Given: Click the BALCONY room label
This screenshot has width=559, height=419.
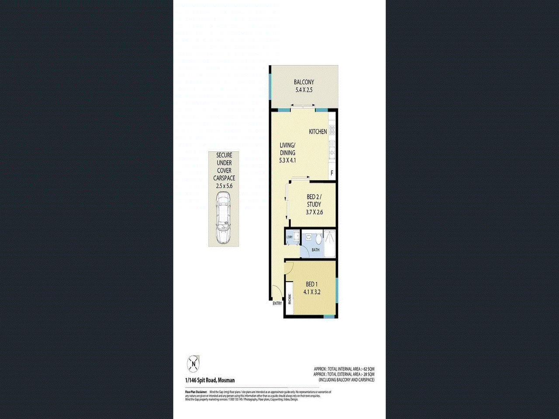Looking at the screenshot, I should coord(304,82).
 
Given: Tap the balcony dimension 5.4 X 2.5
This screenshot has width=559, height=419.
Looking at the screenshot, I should coord(304,90).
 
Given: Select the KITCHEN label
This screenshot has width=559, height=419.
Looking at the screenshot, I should coord(318,131).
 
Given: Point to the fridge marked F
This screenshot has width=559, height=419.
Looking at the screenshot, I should coord(332,173).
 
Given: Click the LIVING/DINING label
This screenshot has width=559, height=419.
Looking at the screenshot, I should coord(287,149).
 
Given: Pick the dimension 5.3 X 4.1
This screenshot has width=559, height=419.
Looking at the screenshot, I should coord(287,160).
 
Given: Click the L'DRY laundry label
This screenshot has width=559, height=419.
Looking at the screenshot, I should coord(289,237).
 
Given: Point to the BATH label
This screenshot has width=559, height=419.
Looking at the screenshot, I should coord(315,250).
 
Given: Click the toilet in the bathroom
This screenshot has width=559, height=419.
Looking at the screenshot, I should coord(318,239).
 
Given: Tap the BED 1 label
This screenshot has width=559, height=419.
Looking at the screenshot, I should coord(312,285).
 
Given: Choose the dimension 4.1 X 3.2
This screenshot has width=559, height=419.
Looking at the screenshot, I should coord(312,292).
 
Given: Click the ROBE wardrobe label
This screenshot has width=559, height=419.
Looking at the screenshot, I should coord(289,299).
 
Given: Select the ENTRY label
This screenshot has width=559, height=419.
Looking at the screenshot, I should coord(277,303).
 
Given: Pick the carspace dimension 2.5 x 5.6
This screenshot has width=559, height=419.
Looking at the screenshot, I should coord(224,186).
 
